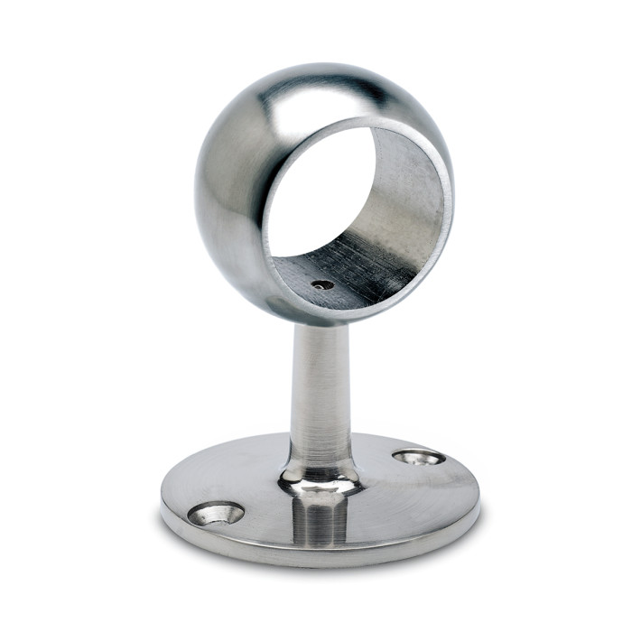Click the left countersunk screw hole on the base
216,514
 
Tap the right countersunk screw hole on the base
419,458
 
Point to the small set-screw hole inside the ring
322,284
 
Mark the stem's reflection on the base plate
317,519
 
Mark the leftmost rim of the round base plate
163,501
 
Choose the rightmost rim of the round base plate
479,488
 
